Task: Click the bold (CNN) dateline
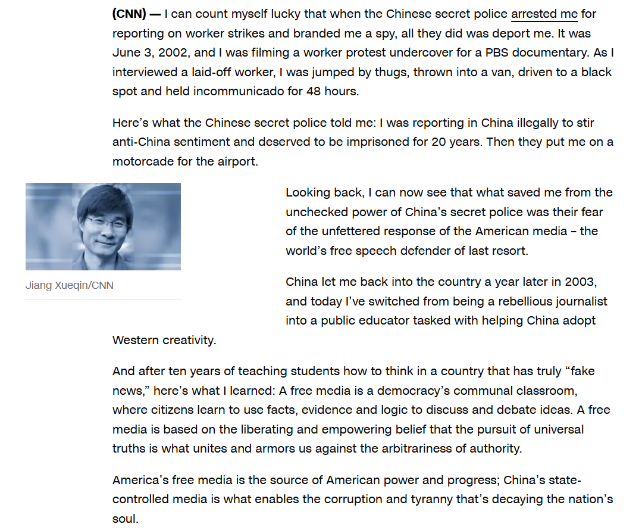click(x=129, y=14)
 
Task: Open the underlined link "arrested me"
click(x=544, y=14)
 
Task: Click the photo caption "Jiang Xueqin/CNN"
click(x=69, y=285)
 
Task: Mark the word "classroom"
click(x=549, y=391)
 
